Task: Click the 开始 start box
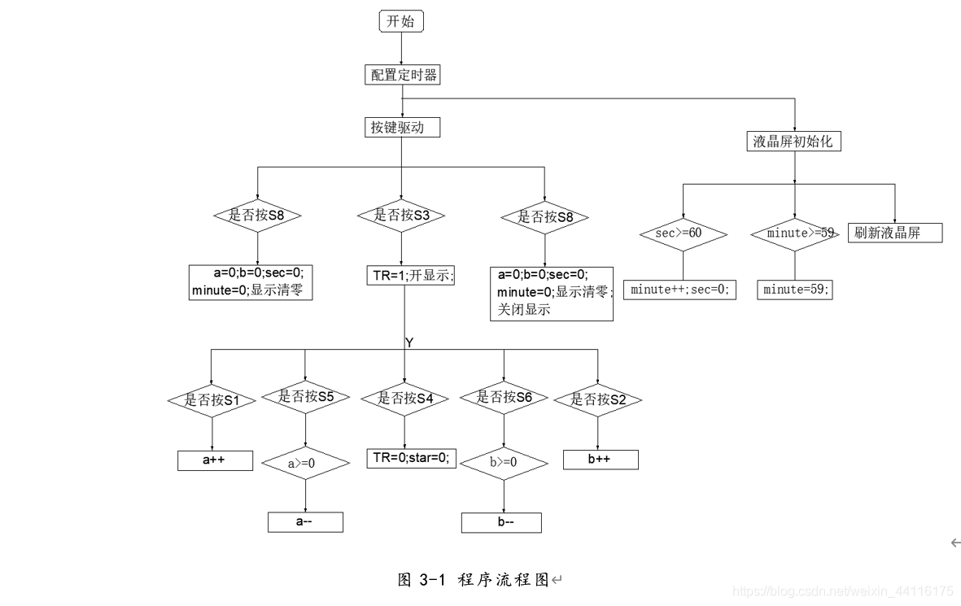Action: (x=402, y=22)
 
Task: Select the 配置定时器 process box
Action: (x=402, y=75)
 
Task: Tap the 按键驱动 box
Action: (x=402, y=127)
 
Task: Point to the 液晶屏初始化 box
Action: (x=793, y=141)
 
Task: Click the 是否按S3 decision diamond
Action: (x=401, y=216)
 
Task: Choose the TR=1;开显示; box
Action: (x=410, y=275)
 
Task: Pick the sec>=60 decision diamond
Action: (x=682, y=233)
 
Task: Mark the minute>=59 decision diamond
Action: (x=794, y=233)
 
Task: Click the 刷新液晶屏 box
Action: (x=895, y=233)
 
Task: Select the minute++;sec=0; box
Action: (x=680, y=289)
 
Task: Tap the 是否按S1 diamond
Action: (x=212, y=400)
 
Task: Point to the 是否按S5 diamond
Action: (x=305, y=397)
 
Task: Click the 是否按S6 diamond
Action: (x=504, y=397)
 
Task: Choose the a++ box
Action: (x=215, y=460)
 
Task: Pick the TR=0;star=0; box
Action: (x=411, y=458)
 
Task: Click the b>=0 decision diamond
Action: (x=504, y=463)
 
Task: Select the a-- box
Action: (x=305, y=521)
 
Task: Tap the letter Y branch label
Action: (x=409, y=343)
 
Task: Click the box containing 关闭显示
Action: (x=551, y=293)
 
